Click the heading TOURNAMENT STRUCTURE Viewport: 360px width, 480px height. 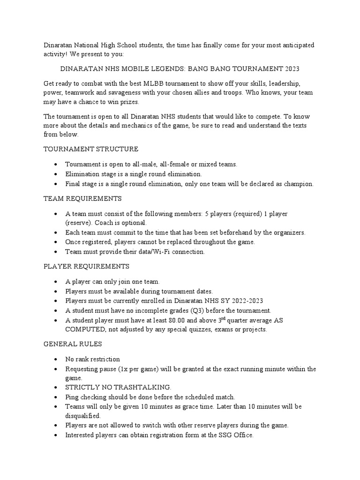(x=91, y=149)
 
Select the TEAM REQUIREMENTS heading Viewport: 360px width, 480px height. (x=82, y=199)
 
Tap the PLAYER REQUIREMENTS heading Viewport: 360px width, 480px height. (x=87, y=266)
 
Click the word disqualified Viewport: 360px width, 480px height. (x=83, y=416)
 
